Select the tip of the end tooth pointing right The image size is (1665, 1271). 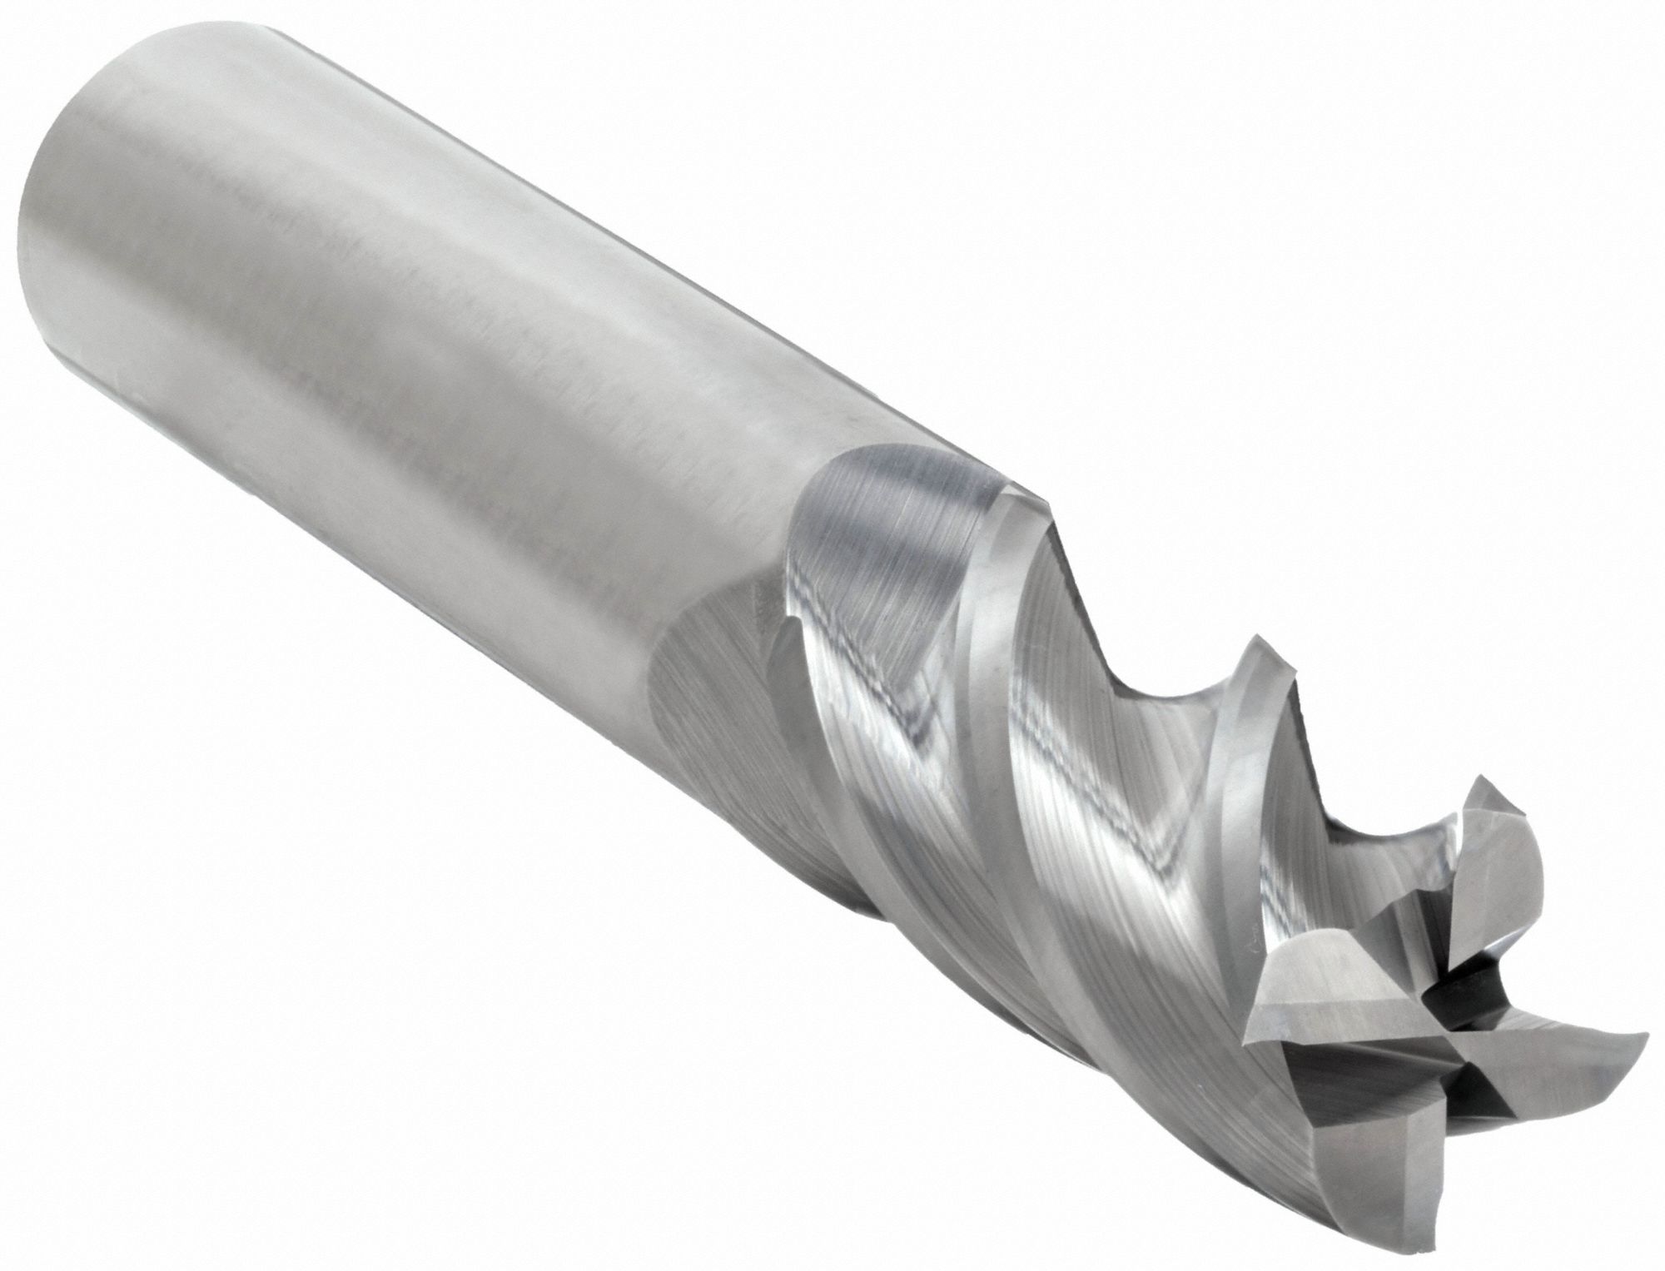[1645, 1035]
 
